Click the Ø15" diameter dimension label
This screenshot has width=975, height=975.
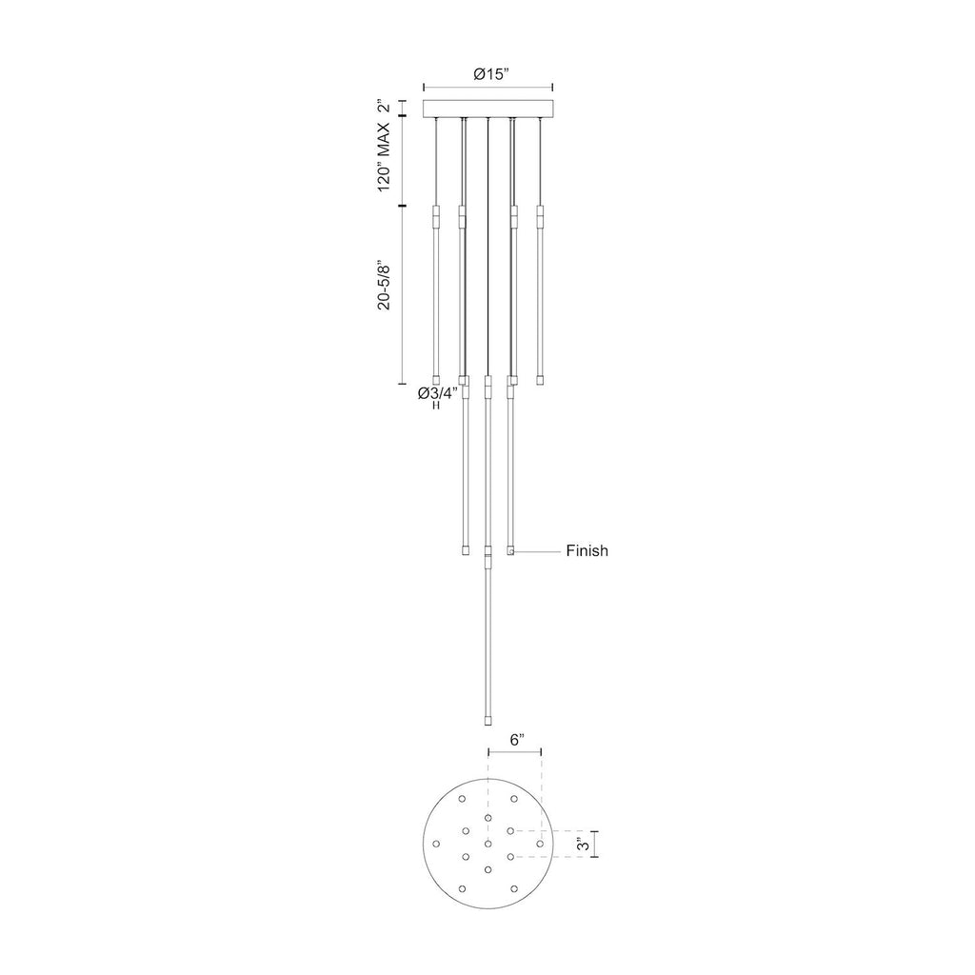click(491, 74)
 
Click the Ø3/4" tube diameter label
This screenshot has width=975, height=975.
click(438, 393)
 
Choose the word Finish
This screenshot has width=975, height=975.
click(587, 551)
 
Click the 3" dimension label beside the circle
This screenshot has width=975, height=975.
click(583, 845)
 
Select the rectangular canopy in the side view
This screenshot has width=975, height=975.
click(488, 109)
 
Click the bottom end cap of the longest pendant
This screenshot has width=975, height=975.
click(488, 721)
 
